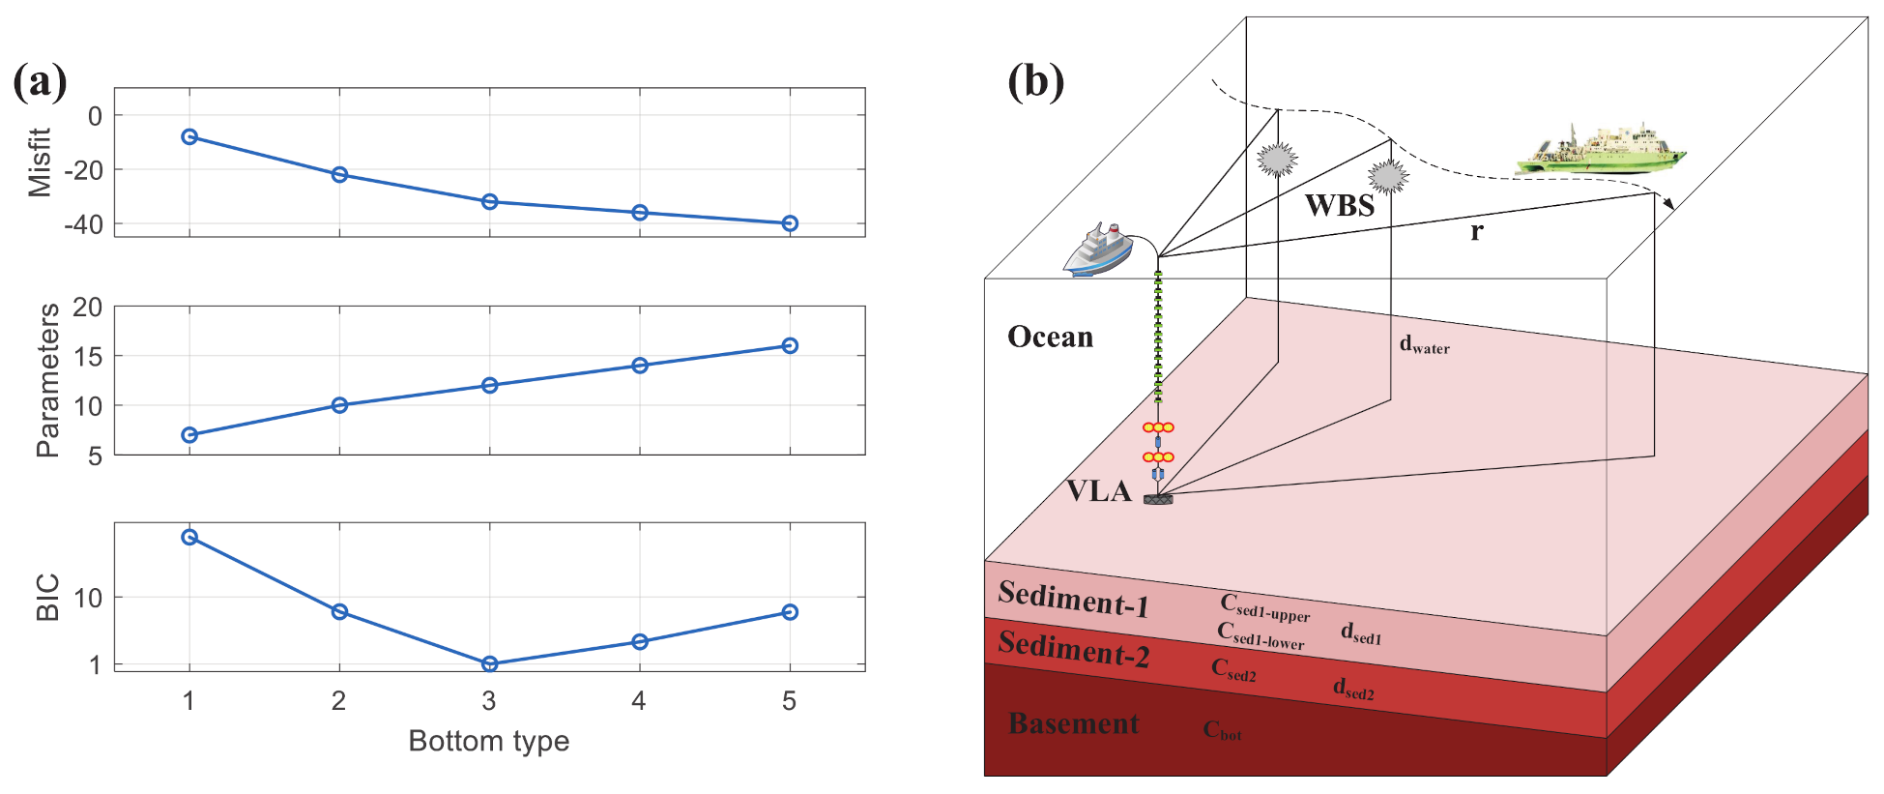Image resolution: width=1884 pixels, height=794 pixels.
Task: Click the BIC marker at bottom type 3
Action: (x=489, y=663)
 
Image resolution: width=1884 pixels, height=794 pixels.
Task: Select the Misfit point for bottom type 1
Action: (x=189, y=137)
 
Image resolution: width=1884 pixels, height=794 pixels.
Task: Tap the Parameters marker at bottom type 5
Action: (x=790, y=345)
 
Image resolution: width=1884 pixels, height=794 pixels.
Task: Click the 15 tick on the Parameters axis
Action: (x=88, y=356)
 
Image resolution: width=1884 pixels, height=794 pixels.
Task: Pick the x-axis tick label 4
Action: (x=639, y=701)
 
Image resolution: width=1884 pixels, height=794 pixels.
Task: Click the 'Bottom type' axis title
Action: (x=488, y=741)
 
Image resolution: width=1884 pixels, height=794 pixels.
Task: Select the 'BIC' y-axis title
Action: (x=47, y=597)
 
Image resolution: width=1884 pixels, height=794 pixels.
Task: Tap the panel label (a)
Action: (x=40, y=82)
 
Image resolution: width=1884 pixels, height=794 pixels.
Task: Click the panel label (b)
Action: (x=1035, y=81)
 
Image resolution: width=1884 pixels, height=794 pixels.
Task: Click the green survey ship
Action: (x=1600, y=150)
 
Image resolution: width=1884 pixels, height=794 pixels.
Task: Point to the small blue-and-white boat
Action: (x=1098, y=250)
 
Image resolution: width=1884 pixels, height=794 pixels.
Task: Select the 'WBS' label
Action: (x=1339, y=205)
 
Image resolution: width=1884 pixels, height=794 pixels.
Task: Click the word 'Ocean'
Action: (x=1050, y=337)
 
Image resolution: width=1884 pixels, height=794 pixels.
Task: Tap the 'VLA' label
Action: (x=1098, y=491)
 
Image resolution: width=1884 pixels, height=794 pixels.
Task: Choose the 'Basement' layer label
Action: (x=1073, y=723)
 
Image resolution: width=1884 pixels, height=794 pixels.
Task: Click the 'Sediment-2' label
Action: (x=1073, y=649)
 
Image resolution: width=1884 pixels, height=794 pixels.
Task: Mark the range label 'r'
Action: (x=1476, y=231)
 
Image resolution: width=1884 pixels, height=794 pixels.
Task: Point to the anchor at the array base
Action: (x=1158, y=499)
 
